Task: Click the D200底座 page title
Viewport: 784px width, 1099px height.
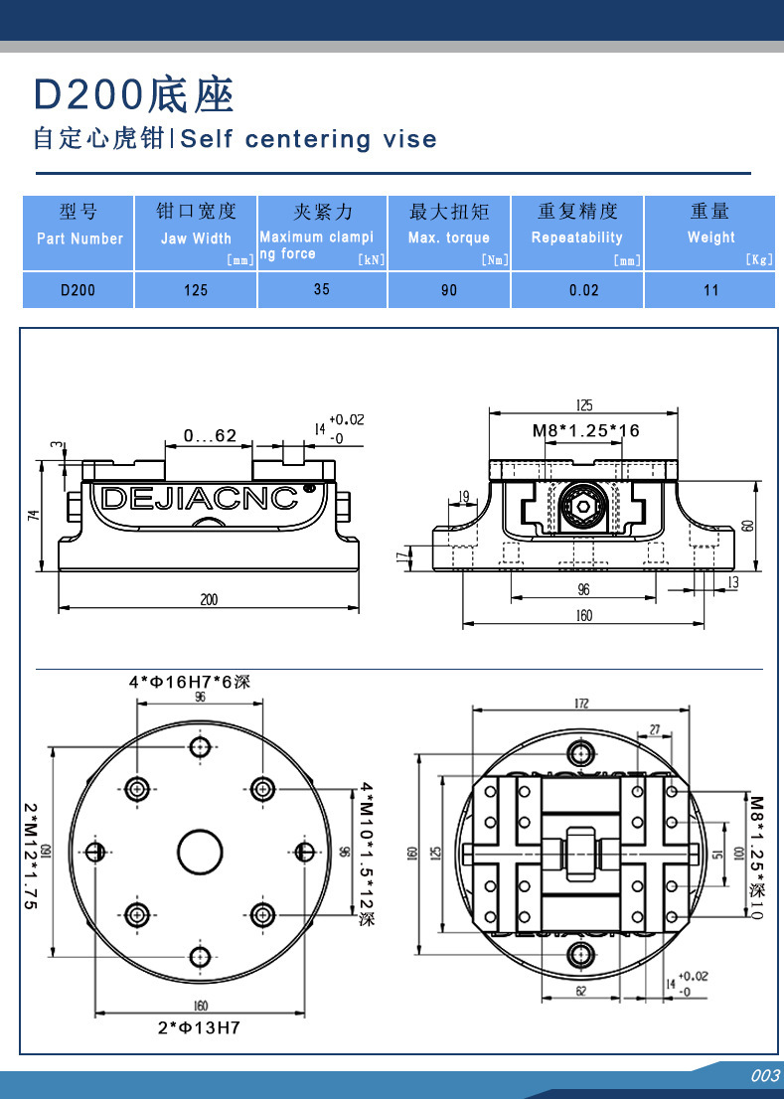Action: point(134,95)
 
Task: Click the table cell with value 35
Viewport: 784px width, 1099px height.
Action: point(321,290)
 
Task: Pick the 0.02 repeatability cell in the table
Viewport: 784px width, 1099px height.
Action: point(584,290)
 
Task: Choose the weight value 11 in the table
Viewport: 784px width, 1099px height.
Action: point(710,290)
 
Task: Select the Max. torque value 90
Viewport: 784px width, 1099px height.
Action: point(449,290)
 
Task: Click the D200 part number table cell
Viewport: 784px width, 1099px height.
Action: point(78,290)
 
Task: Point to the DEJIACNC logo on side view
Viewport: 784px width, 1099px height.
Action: point(200,497)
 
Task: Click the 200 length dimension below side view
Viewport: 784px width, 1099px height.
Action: point(209,599)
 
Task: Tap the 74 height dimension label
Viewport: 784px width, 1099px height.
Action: point(33,514)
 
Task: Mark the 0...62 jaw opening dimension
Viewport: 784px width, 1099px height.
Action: point(210,435)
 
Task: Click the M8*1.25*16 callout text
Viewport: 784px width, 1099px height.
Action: point(585,430)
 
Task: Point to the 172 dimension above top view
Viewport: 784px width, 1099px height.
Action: point(581,703)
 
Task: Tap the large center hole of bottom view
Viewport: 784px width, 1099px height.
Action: point(201,852)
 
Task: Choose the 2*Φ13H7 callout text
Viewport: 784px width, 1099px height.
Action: point(199,1028)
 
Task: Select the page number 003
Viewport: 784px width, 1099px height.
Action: point(764,1076)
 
